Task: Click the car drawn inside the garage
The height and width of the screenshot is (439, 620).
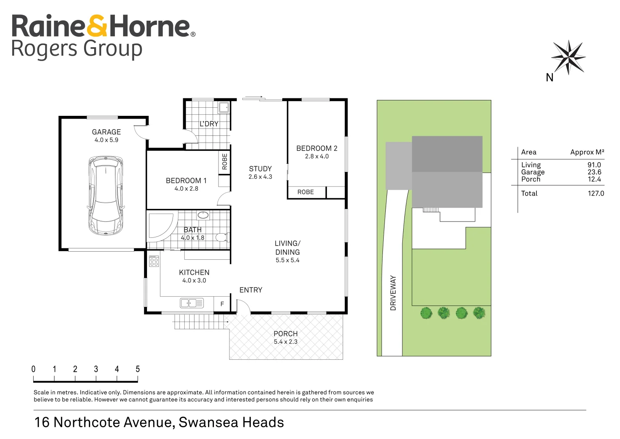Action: tap(106, 196)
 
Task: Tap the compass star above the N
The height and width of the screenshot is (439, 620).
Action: tap(568, 57)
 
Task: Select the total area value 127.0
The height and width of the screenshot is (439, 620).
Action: tap(596, 193)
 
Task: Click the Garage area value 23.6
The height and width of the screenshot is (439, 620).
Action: tap(594, 172)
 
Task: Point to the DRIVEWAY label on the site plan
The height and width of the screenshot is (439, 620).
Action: tap(393, 293)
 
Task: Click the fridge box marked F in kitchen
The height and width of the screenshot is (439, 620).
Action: tap(222, 304)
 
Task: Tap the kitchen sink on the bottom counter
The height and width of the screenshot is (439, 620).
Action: tap(191, 303)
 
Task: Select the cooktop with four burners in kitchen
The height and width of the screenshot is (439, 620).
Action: tap(154, 261)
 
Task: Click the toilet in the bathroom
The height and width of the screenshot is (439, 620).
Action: tap(221, 237)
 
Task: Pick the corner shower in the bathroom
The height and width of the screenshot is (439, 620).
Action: tap(160, 226)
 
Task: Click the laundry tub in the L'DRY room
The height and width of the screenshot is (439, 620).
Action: tap(224, 108)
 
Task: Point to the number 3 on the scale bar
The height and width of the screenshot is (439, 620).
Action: tap(96, 369)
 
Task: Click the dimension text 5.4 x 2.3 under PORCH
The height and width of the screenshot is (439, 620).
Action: tap(285, 342)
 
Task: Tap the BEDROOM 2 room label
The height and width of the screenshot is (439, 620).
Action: tap(317, 148)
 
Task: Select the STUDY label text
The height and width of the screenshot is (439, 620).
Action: tap(260, 169)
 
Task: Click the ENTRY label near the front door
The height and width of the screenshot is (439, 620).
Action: tap(251, 290)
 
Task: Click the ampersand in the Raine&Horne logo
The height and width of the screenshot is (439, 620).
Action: tap(97, 26)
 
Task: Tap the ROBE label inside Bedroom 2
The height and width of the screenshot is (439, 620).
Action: tap(305, 192)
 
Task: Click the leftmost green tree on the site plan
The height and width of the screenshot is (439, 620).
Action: tap(426, 313)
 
